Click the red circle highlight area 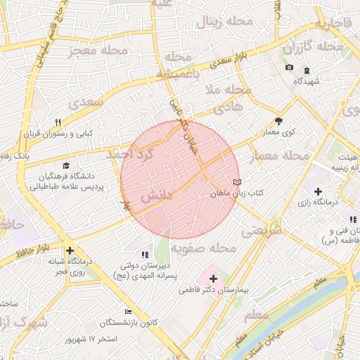coord(180,179)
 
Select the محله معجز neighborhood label coord(98,51)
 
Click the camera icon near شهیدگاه coord(289,67)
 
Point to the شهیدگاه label coord(307,82)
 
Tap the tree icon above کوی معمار coord(278,121)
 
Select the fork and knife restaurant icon coord(58,122)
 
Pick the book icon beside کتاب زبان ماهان coord(236,182)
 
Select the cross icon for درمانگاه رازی coord(318,191)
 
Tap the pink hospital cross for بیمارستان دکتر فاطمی coord(213,278)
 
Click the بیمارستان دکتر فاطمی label coord(218,290)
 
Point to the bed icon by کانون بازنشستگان coord(127,311)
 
